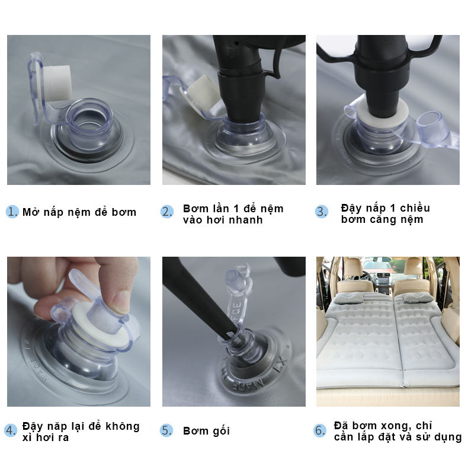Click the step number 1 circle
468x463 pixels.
click(x=12, y=212)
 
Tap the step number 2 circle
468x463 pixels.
click(x=167, y=212)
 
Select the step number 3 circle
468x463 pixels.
click(x=322, y=212)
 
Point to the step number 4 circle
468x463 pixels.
click(x=11, y=431)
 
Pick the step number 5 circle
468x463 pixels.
click(x=166, y=430)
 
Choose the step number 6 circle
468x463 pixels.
click(x=320, y=430)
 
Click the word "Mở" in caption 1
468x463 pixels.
click(x=31, y=212)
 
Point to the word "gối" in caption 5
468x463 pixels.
click(x=221, y=431)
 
